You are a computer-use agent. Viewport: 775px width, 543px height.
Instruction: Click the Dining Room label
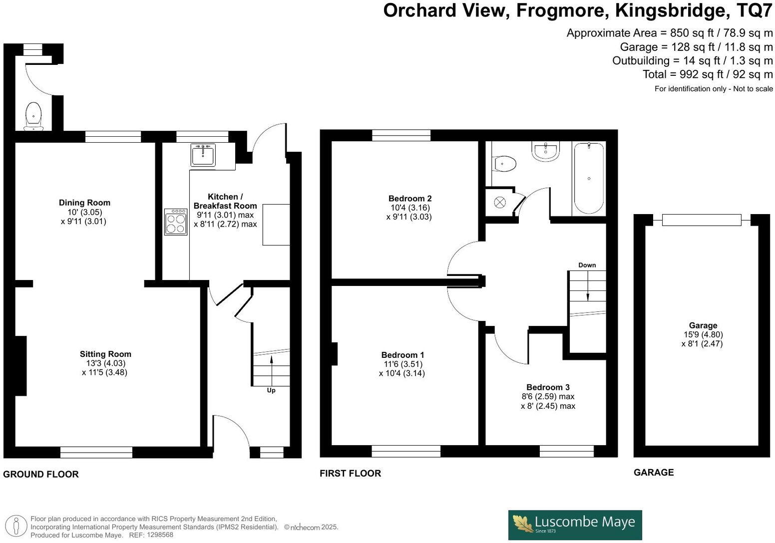[84, 203]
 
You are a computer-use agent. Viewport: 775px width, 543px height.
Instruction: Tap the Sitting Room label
[105, 354]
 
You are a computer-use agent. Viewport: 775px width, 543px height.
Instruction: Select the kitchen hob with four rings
[176, 222]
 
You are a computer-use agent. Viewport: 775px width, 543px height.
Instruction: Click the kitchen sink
[203, 155]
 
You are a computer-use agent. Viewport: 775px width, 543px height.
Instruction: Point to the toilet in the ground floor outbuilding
[33, 116]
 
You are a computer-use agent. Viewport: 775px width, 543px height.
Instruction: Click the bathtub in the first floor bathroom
[589, 179]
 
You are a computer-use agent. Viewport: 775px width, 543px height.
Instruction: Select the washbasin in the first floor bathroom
[545, 152]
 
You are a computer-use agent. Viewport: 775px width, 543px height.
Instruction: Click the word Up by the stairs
[271, 390]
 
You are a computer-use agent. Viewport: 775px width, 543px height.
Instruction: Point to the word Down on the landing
[587, 265]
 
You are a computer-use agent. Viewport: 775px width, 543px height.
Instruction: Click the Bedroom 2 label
[410, 199]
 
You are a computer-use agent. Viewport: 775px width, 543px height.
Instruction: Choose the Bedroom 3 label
[548, 387]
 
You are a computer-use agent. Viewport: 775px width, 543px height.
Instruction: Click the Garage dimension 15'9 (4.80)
[703, 334]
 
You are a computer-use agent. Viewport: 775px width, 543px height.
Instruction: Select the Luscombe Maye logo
[575, 525]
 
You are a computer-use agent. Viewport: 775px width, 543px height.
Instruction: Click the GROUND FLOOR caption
[41, 474]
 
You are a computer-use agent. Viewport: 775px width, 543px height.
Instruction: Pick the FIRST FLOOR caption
[350, 473]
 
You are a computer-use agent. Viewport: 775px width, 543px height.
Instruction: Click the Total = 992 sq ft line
[708, 74]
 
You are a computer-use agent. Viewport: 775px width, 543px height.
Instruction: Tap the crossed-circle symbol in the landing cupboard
[499, 202]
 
